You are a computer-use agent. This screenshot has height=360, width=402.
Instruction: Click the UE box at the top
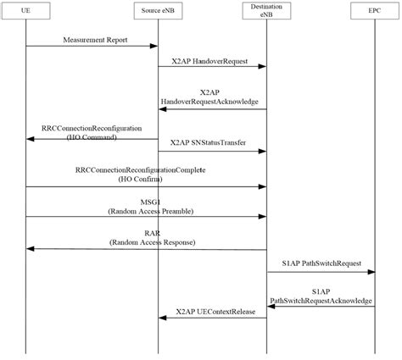point(25,12)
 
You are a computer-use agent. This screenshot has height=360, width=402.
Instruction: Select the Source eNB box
point(158,12)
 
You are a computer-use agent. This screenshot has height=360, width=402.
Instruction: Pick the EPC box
point(376,12)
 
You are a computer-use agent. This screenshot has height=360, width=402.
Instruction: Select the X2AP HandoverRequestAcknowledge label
point(211,97)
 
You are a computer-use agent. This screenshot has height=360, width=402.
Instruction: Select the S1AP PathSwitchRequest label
point(321,263)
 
